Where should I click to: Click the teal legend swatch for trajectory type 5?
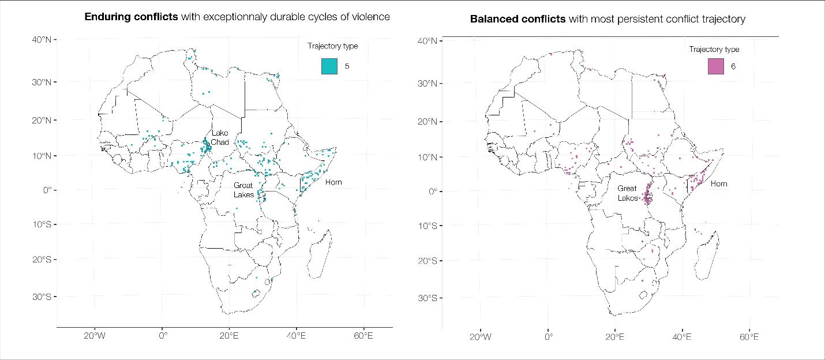pyautogui.click(x=329, y=66)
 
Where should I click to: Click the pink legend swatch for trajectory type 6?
pyautogui.click(x=715, y=66)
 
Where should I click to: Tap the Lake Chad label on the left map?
pyautogui.click(x=219, y=138)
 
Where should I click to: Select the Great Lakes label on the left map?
pyautogui.click(x=243, y=190)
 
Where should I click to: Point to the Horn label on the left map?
pyautogui.click(x=333, y=182)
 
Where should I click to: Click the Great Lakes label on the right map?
pyautogui.click(x=627, y=193)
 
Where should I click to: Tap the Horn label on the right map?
pyautogui.click(x=719, y=183)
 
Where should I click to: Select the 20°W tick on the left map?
pyautogui.click(x=94, y=336)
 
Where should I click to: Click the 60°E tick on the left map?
pyautogui.click(x=363, y=336)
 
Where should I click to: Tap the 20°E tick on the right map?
pyautogui.click(x=615, y=337)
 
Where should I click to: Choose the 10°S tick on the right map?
pyautogui.click(x=429, y=226)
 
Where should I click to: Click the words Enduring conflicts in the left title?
pyautogui.click(x=131, y=17)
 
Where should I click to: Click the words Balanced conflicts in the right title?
pyautogui.click(x=517, y=19)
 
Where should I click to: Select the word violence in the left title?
pyautogui.click(x=372, y=17)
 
